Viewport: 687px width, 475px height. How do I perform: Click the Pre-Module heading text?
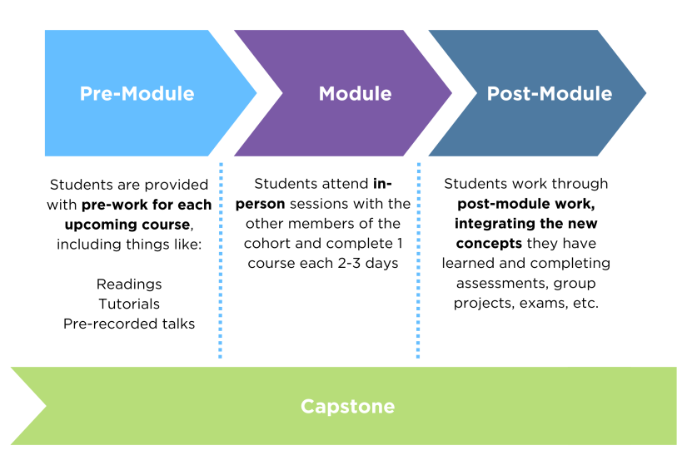click(x=137, y=93)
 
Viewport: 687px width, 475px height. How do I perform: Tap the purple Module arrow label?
click(x=355, y=93)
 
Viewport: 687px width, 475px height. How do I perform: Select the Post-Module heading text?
click(x=549, y=93)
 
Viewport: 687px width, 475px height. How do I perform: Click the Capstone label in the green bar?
click(x=347, y=406)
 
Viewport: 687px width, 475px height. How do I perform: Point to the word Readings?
click(x=129, y=284)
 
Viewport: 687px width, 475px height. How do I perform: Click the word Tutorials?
click(x=129, y=304)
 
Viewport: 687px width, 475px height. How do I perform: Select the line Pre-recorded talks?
click(x=129, y=324)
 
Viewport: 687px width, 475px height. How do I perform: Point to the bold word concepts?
click(x=488, y=244)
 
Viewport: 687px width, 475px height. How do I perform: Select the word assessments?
click(x=495, y=284)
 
